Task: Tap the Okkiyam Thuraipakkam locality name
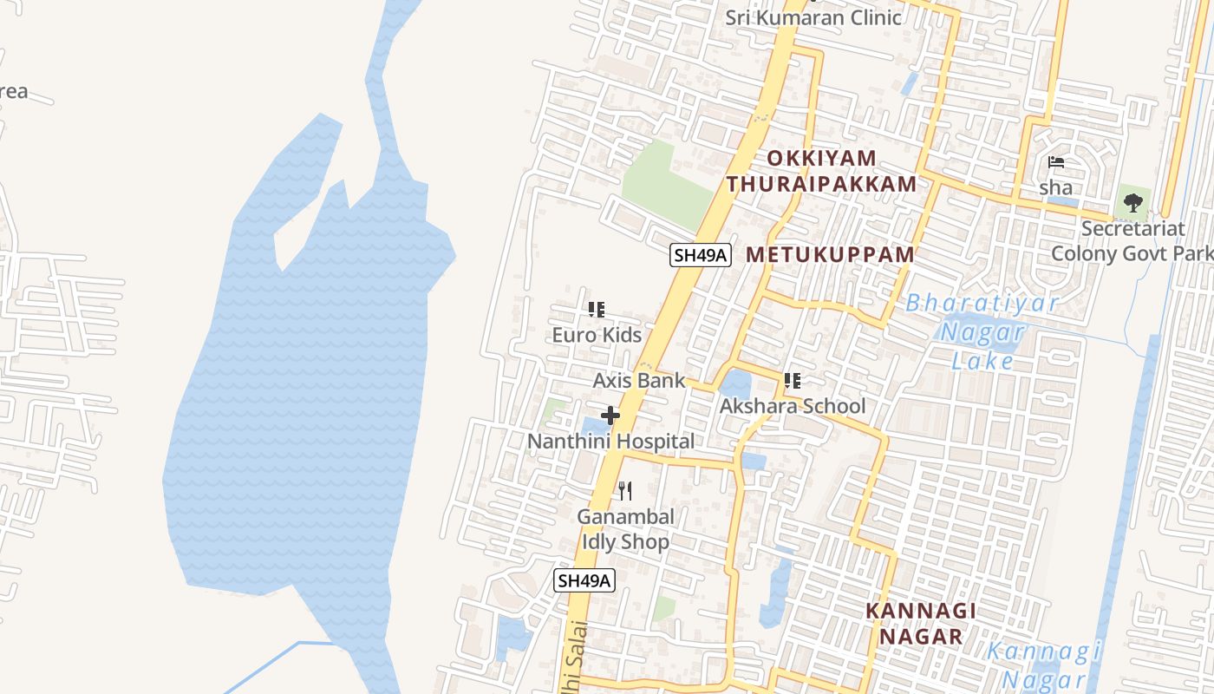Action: coord(821,171)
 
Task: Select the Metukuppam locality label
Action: coord(830,255)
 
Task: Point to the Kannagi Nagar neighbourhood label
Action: coord(921,623)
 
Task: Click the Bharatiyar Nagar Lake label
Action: coord(982,331)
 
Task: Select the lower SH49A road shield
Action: coord(584,580)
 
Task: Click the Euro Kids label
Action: coord(597,335)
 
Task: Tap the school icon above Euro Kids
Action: coord(597,309)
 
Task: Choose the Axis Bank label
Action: coord(638,380)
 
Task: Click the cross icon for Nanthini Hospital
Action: coord(610,416)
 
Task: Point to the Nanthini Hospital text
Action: coord(611,442)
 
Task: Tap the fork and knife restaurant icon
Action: coord(625,491)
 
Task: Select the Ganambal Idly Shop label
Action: coord(625,529)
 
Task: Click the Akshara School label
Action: coord(793,406)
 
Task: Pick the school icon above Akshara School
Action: coord(792,380)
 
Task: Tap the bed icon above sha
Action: coord(1055,162)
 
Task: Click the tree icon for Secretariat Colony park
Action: coord(1132,203)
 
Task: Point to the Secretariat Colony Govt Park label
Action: coord(1132,241)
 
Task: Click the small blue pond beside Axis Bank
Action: coord(735,384)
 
